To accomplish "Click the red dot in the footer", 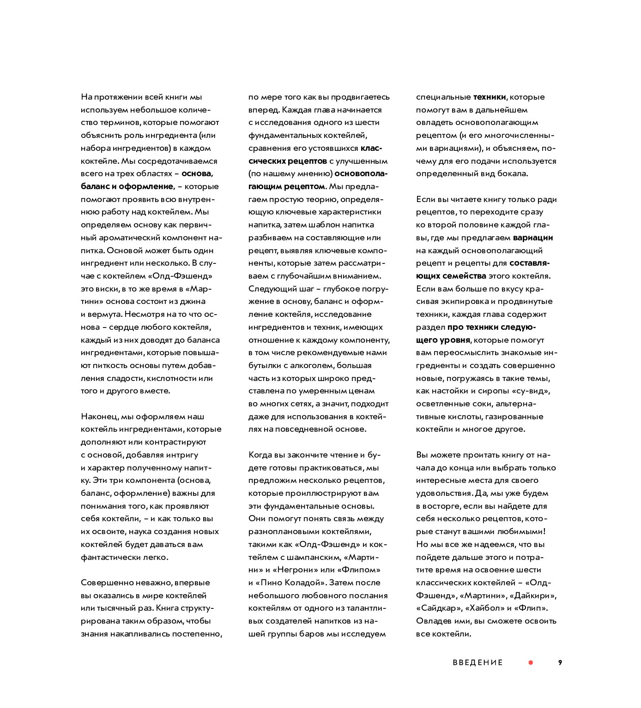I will (x=531, y=662).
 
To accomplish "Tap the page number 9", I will (x=560, y=662).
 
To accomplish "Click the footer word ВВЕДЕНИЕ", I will (x=478, y=663).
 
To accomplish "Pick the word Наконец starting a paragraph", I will (x=99, y=416).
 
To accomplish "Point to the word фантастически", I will (x=109, y=557).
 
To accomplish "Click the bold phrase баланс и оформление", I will (x=127, y=187).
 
